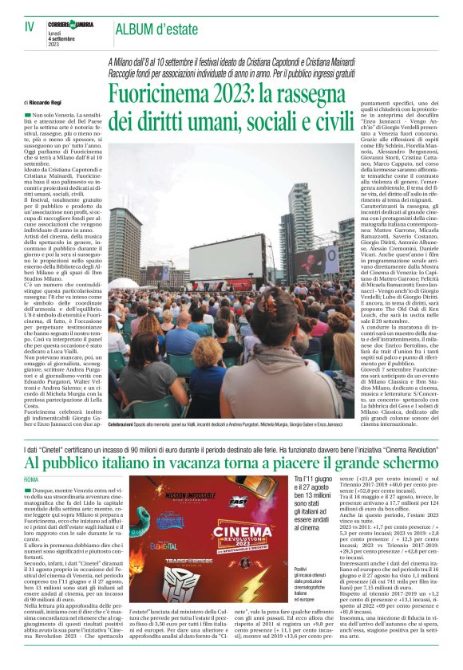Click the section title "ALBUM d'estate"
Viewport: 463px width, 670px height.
point(151,30)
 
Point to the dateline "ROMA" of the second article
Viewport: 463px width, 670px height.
point(31,479)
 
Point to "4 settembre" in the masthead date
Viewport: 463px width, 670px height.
point(72,39)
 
